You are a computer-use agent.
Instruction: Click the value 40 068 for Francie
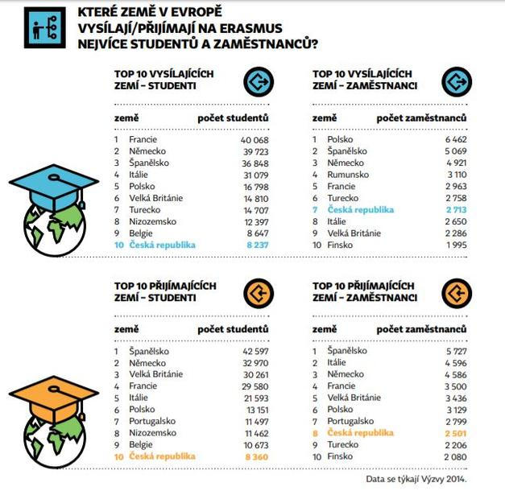click(253, 139)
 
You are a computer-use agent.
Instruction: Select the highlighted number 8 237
click(255, 244)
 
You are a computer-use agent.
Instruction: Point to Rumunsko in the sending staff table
click(348, 174)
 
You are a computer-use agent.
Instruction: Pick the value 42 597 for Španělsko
click(253, 351)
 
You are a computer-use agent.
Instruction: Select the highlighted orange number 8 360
click(255, 456)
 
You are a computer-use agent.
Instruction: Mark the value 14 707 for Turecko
click(253, 209)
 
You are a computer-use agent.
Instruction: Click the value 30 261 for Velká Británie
click(253, 374)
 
